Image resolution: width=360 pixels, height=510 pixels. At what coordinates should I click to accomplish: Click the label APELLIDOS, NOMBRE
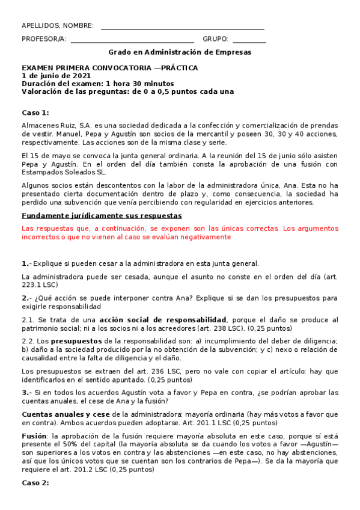[58, 26]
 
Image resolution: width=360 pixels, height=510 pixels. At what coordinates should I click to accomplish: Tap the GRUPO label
[215, 39]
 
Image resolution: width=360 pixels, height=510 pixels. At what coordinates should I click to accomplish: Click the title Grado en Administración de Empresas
[180, 52]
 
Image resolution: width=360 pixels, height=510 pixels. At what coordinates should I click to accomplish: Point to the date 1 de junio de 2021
[56, 76]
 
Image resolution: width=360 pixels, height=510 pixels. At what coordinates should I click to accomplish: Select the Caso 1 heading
[35, 113]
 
